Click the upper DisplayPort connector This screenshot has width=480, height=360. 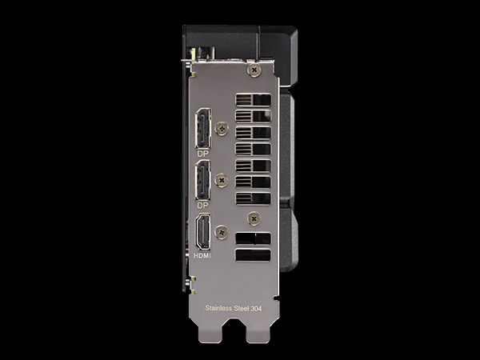[x=203, y=129]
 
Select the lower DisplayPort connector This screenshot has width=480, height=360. [x=203, y=180]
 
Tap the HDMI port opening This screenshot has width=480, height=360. [x=203, y=231]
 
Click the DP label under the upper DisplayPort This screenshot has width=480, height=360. [x=202, y=154]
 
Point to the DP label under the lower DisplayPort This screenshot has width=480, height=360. [x=202, y=205]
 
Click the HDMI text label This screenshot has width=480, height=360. [x=202, y=255]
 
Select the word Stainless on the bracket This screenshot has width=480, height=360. [x=218, y=308]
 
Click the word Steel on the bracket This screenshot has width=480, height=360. [x=242, y=308]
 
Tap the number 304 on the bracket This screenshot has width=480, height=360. [x=256, y=309]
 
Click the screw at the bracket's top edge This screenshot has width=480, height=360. [x=254, y=70]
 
